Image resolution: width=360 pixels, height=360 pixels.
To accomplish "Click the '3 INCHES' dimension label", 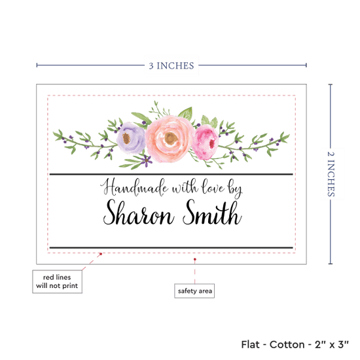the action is [171, 65].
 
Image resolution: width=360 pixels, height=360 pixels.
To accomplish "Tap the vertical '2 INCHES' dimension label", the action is [331, 174].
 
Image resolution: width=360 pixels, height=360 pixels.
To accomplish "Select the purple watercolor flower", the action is [131, 137].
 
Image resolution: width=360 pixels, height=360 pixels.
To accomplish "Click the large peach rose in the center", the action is [170, 139].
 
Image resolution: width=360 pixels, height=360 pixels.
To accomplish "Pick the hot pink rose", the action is [205, 142].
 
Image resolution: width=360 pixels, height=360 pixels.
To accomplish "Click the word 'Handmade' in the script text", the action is [134, 187].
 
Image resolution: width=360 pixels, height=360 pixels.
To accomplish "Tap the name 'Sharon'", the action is [138, 212].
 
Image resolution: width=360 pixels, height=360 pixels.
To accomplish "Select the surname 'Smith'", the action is [212, 212].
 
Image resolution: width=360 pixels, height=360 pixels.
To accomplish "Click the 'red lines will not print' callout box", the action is [57, 281].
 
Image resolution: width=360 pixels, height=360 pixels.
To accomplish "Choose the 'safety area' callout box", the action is [194, 291].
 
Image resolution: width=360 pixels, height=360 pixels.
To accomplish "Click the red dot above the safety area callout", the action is [194, 259].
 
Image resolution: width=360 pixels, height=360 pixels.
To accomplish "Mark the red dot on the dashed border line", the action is [101, 254].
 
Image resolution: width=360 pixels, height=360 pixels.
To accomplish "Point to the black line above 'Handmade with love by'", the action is [171, 175].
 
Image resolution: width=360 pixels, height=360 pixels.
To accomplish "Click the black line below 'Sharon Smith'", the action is [171, 247].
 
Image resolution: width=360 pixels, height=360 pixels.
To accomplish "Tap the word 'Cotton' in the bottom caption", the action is [287, 344].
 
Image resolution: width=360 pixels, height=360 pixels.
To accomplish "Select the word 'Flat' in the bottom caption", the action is [250, 344].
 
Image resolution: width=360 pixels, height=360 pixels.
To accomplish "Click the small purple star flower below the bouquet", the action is [146, 160].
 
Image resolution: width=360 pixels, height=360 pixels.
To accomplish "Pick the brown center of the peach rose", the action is [171, 138].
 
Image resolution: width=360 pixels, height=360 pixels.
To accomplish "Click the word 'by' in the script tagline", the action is [235, 190].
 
